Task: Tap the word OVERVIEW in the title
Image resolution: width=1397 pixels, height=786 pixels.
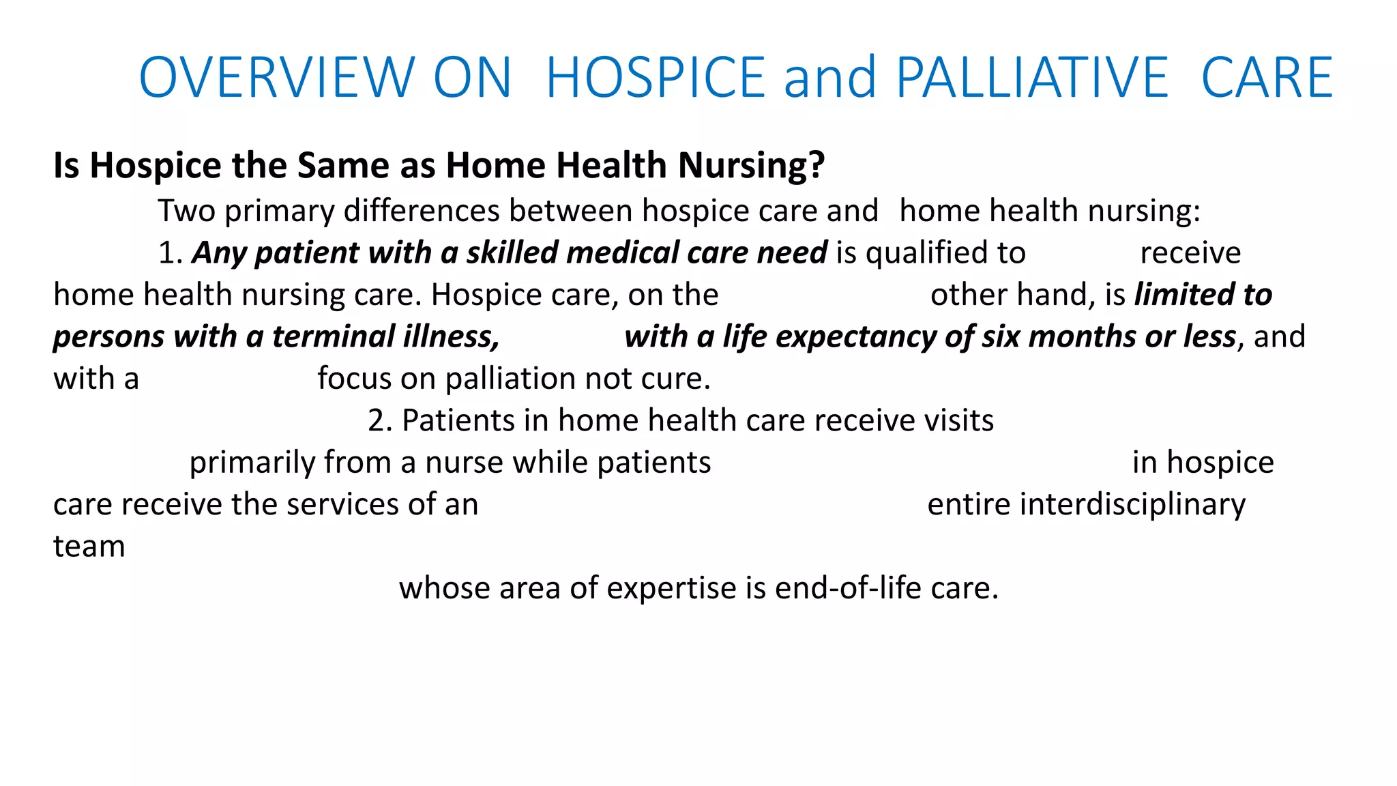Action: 276,77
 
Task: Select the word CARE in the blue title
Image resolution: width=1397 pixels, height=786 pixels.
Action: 1267,77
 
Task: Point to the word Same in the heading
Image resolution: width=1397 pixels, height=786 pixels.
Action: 343,166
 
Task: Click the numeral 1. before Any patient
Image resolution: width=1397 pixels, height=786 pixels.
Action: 171,252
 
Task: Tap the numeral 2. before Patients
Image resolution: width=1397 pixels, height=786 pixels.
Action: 380,420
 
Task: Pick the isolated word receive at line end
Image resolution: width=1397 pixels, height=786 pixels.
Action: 1190,252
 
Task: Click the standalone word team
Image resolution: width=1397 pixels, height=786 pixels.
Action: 89,547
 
